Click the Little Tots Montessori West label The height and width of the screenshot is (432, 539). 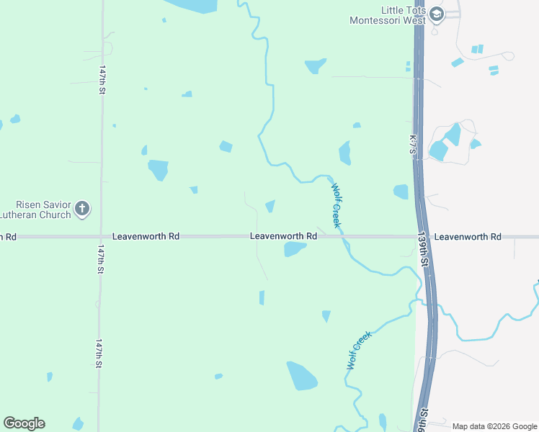pyautogui.click(x=387, y=15)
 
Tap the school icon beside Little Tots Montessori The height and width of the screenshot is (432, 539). pyautogui.click(x=437, y=14)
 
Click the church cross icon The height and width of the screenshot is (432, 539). pyautogui.click(x=82, y=210)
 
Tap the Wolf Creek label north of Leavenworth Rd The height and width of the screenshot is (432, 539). pyautogui.click(x=336, y=205)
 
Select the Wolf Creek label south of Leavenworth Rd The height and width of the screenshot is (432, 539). pyautogui.click(x=357, y=350)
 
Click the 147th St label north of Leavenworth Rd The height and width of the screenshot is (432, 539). pyautogui.click(x=102, y=79)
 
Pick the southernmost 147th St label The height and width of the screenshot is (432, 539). pyautogui.click(x=99, y=353)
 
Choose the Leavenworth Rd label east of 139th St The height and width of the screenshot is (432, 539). pyautogui.click(x=467, y=236)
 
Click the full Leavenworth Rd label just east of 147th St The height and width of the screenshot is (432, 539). pyautogui.click(x=146, y=236)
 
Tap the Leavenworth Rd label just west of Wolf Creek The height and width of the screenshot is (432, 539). pyautogui.click(x=283, y=236)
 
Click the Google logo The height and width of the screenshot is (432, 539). pyautogui.click(x=24, y=423)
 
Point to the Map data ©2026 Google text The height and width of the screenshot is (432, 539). pyautogui.click(x=495, y=426)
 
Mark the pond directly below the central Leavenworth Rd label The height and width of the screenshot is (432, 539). pyautogui.click(x=295, y=249)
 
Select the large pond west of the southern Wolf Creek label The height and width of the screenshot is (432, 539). pyautogui.click(x=302, y=376)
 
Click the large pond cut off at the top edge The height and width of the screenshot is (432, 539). pyautogui.click(x=193, y=6)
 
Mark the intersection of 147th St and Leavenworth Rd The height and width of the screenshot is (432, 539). pyautogui.click(x=100, y=236)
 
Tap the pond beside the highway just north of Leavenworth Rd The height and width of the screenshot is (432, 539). pyautogui.click(x=401, y=192)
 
